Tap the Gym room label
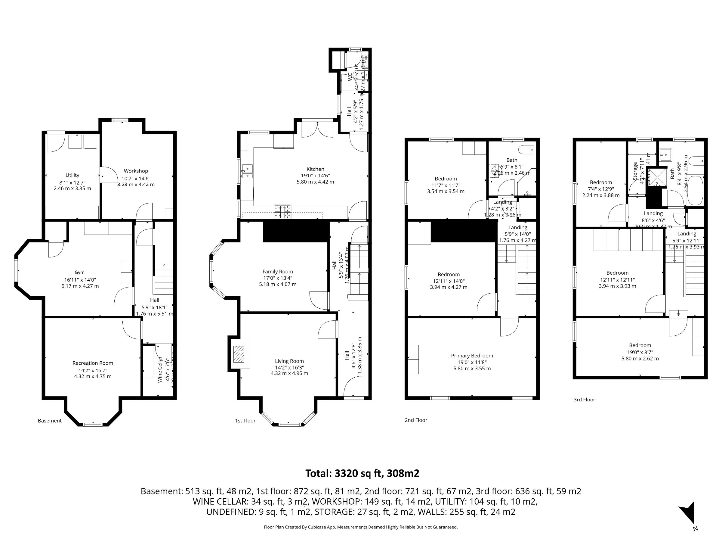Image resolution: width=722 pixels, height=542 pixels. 79,272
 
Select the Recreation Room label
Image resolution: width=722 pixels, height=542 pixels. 93,363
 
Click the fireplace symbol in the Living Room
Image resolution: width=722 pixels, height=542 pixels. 239,354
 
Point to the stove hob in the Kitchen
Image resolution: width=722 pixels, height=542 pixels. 283,212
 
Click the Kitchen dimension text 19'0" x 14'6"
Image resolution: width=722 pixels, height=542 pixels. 315,176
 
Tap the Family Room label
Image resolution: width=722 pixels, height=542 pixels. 277,272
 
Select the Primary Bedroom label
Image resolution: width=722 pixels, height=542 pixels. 472,355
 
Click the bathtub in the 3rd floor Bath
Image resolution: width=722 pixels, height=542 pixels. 695,191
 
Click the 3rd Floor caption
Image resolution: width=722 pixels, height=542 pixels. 584,400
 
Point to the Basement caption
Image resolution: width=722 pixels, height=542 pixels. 50,420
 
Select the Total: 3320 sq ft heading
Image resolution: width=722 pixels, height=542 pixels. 362,473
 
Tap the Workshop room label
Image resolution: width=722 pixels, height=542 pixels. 136,171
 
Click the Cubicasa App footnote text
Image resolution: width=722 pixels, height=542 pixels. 361,527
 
